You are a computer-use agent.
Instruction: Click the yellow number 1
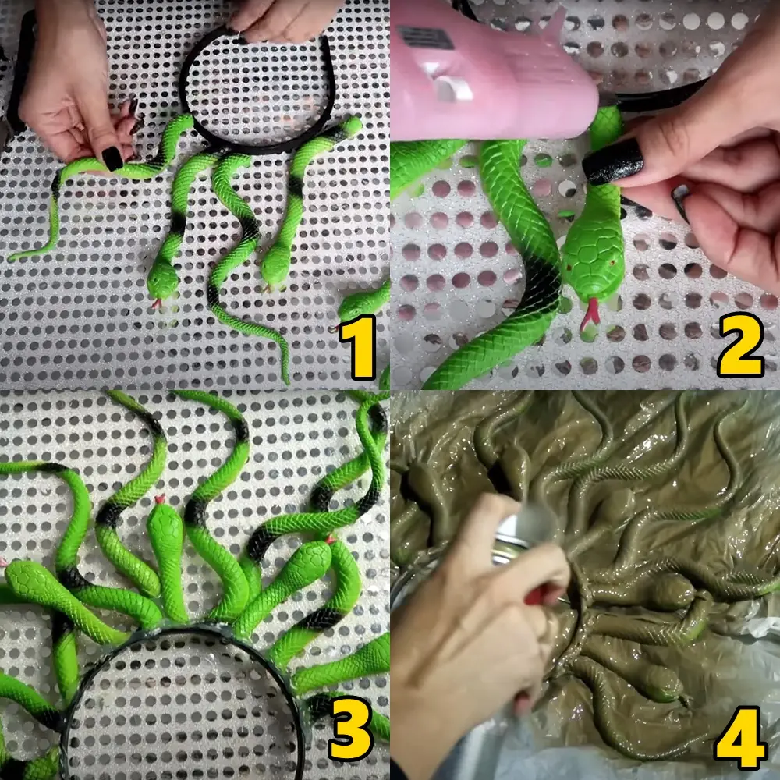[358, 347]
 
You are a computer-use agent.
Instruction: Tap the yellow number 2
[740, 344]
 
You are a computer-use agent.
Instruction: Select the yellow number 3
[350, 729]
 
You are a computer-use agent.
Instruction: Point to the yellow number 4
[740, 738]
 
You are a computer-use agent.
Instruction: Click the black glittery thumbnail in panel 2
[613, 162]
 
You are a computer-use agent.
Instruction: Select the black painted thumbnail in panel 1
[112, 158]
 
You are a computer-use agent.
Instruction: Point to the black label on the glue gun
[426, 37]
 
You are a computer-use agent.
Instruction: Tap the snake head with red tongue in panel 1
[163, 282]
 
